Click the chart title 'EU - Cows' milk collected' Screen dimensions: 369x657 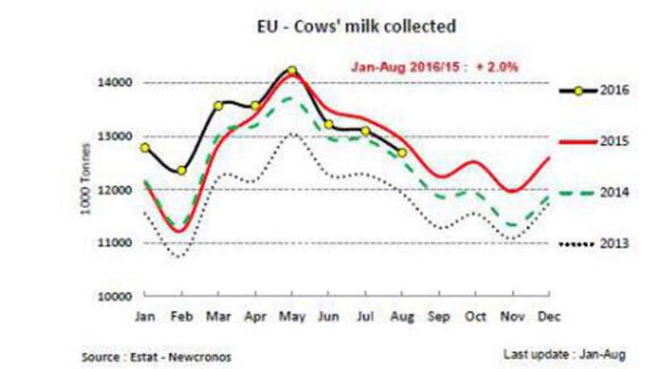(356, 27)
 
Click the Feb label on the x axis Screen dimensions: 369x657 (181, 317)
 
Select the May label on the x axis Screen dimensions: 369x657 (292, 317)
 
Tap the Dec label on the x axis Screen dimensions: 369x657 (549, 317)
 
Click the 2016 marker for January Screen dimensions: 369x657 (145, 148)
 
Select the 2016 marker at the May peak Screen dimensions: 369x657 (292, 71)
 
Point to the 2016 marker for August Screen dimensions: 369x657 (402, 153)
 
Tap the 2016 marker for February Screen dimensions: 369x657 (181, 171)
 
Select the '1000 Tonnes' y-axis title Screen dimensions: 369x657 (85, 179)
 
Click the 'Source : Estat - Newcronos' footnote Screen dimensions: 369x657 (156, 358)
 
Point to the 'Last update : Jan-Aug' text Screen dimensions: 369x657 (564, 354)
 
